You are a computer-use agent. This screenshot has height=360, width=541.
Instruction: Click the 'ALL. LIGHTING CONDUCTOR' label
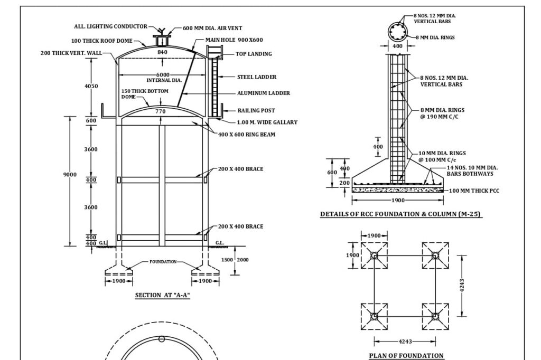pos(110,27)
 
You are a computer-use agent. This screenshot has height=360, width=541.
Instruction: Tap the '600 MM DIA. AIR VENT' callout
pos(212,28)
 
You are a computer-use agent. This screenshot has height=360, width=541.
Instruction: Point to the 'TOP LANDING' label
pos(254,54)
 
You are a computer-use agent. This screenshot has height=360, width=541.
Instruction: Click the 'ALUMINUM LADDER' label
pos(263,93)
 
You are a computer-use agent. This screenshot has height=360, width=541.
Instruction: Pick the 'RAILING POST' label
pos(256,111)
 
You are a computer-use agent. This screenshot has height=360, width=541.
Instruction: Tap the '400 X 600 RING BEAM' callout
pos(247,134)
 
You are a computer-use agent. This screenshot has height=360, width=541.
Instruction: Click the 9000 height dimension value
pos(70,175)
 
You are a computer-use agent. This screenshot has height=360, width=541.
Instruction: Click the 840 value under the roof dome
pos(162,52)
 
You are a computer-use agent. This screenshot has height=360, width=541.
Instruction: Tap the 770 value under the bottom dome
pos(161,111)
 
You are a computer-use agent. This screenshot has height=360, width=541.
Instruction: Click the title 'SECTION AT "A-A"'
pos(162,295)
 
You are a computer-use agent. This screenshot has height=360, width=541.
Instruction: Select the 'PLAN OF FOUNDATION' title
pos(406,355)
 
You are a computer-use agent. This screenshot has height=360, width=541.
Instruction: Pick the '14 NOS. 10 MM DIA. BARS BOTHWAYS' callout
pos(472,170)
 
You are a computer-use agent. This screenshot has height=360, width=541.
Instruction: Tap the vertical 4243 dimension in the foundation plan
pos(462,285)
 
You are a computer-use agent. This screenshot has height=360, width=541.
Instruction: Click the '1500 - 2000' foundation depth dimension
pos(236,260)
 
